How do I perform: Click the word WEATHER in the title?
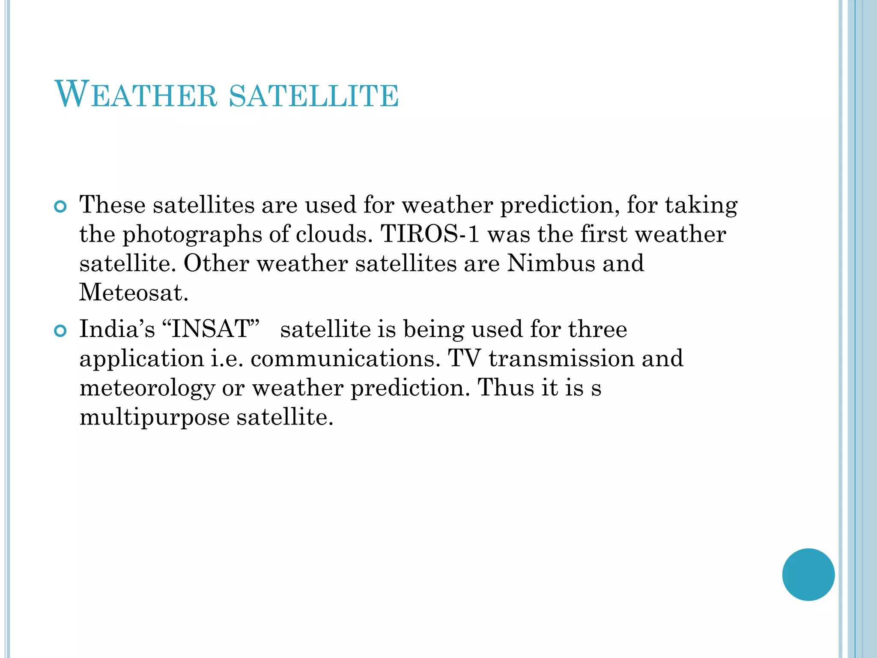tap(136, 95)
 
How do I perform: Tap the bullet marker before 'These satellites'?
tap(61, 207)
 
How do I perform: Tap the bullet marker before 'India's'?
tap(61, 331)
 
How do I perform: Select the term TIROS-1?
tap(430, 234)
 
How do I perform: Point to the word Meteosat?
tap(133, 293)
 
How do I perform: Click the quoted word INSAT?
tap(211, 329)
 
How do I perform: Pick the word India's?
tap(117, 329)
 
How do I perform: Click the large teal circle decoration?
tap(808, 574)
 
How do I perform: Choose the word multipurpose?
tap(155, 418)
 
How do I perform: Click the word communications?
tap(345, 359)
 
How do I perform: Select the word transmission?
tap(561, 359)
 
